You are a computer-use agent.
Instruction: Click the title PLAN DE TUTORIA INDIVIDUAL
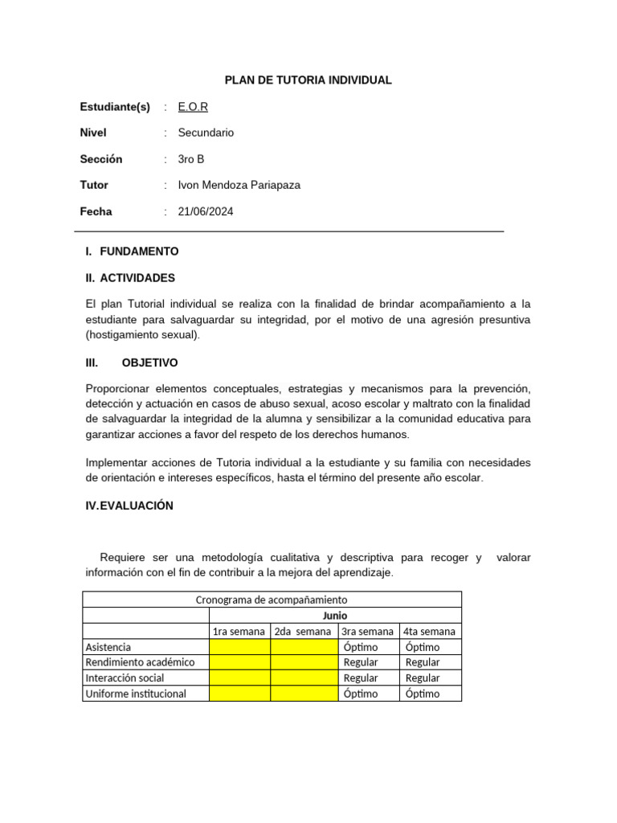coord(308,80)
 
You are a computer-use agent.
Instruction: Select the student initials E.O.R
coord(193,107)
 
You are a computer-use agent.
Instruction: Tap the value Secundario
coord(206,133)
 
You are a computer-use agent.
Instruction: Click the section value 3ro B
coord(191,159)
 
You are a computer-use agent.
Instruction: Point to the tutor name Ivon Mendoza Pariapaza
coord(239,185)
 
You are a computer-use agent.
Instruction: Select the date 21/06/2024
coord(206,211)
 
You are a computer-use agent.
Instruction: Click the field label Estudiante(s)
coord(115,107)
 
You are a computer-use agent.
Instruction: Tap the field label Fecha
coord(96,211)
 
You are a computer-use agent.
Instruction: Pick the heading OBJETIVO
coord(149,362)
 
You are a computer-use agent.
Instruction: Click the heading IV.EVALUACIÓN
coord(129,506)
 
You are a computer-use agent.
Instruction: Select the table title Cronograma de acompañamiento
coord(272,600)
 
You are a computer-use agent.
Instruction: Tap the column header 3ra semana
coord(368,631)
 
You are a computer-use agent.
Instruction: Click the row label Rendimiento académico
coord(140,662)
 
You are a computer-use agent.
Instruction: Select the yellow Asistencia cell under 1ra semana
coord(239,647)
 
